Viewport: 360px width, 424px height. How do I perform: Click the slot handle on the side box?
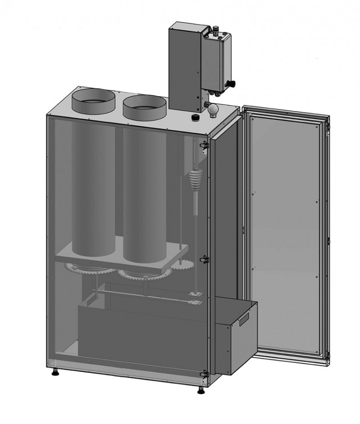(243, 320)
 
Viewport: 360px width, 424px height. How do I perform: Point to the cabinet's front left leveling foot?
(55, 372)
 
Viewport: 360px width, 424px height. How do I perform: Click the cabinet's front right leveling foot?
(200, 389)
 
